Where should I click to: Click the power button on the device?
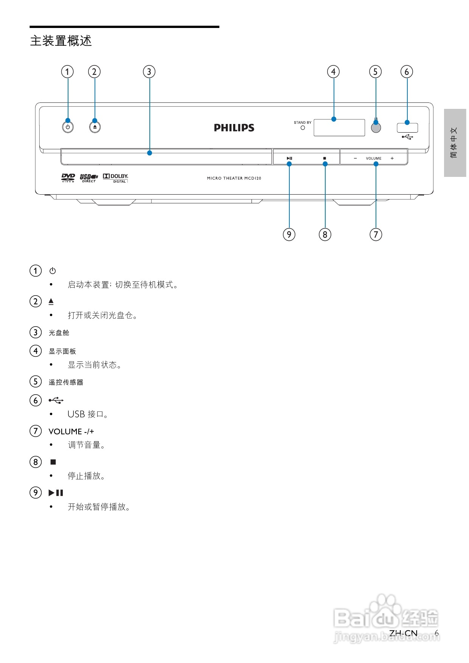(x=68, y=127)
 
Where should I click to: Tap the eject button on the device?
(x=95, y=127)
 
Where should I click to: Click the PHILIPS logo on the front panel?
(x=234, y=128)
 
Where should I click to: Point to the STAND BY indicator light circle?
(x=303, y=128)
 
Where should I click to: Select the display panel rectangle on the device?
(x=339, y=128)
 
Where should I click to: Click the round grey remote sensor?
(x=376, y=128)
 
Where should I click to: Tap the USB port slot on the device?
(x=407, y=127)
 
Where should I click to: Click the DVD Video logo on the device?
(x=68, y=178)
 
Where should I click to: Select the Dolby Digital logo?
(x=116, y=178)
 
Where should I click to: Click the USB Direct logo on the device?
(x=89, y=178)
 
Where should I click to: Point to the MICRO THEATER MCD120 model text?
(x=234, y=178)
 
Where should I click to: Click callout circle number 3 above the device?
(x=149, y=72)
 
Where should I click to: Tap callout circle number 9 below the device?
(x=289, y=234)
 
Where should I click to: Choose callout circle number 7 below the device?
(x=376, y=234)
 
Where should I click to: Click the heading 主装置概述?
(x=61, y=41)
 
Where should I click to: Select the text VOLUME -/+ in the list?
(x=71, y=431)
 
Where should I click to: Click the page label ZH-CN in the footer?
(x=403, y=633)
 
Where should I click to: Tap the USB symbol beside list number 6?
(x=56, y=400)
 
